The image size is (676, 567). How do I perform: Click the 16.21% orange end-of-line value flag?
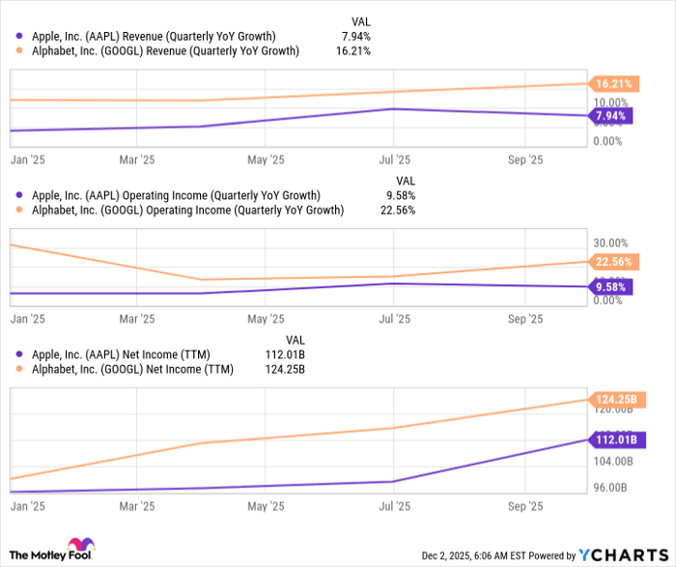click(614, 84)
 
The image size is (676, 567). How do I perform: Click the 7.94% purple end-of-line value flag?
click(612, 117)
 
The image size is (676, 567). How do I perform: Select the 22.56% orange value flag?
click(614, 261)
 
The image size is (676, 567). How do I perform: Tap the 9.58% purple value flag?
click(612, 287)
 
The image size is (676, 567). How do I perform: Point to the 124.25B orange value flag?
click(615, 399)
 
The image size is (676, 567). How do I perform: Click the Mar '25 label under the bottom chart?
click(136, 505)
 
